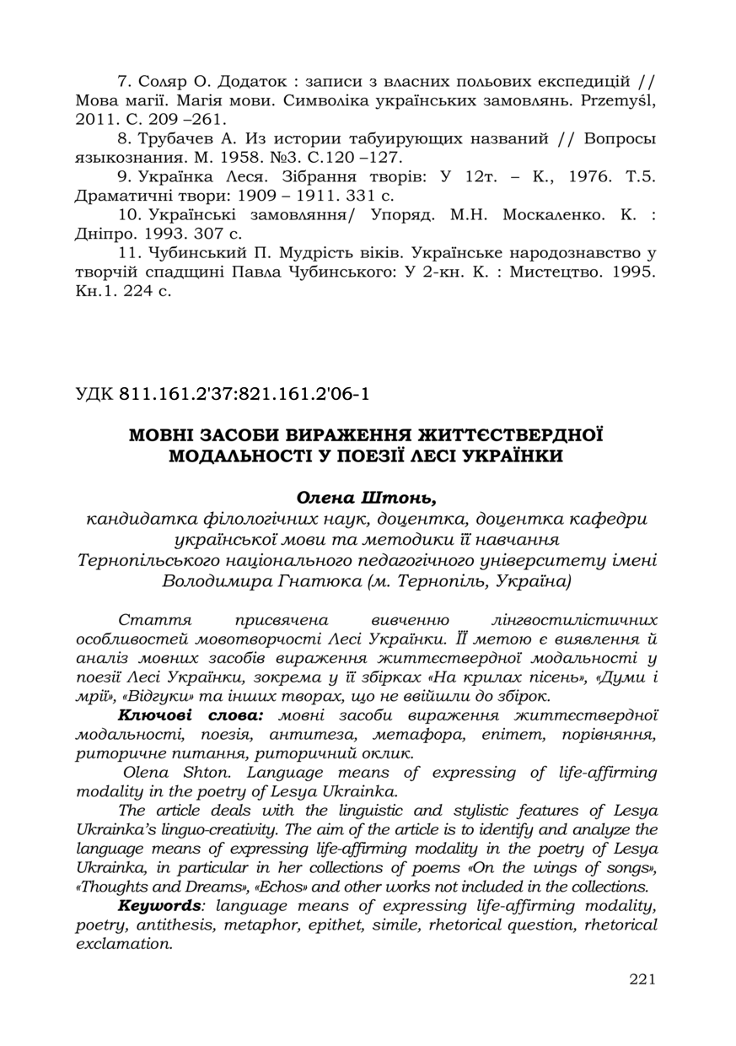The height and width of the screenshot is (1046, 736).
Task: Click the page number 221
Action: pos(642,979)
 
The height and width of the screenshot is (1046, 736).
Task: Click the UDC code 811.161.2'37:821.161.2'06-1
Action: pos(245,393)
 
